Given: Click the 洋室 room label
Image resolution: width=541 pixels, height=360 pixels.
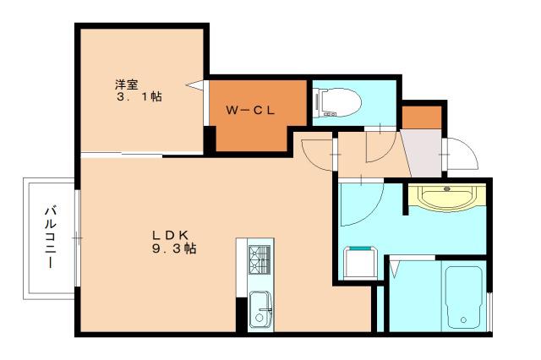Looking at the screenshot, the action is [127, 85].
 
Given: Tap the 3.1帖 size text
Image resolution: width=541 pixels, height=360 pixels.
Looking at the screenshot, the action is [139, 97].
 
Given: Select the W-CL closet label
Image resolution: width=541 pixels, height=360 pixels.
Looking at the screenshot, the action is [250, 111].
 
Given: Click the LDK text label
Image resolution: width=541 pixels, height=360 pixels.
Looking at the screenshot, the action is [171, 235].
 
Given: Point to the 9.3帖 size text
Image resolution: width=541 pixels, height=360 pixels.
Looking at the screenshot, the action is [174, 248].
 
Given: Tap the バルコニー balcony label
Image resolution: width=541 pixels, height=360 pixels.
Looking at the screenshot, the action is [51, 237].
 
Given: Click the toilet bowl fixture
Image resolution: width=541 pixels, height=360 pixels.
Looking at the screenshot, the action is [337, 102].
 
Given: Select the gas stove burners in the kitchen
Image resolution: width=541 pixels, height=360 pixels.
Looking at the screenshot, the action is [260, 259].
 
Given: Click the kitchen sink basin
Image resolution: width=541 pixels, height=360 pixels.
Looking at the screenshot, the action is [260, 309].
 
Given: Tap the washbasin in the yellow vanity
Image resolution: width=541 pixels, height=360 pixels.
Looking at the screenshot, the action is [447, 197].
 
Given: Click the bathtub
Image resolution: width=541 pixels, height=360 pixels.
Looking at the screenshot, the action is [463, 297].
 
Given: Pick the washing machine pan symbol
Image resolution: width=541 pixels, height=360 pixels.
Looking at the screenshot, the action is [361, 263].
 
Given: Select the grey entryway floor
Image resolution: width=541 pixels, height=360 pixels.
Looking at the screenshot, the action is [423, 154].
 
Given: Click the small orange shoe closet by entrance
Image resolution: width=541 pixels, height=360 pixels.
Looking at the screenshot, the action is [422, 117].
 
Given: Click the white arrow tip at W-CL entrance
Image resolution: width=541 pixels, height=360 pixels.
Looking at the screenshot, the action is [186, 85].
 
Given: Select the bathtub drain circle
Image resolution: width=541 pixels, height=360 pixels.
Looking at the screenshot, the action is [463, 320].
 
